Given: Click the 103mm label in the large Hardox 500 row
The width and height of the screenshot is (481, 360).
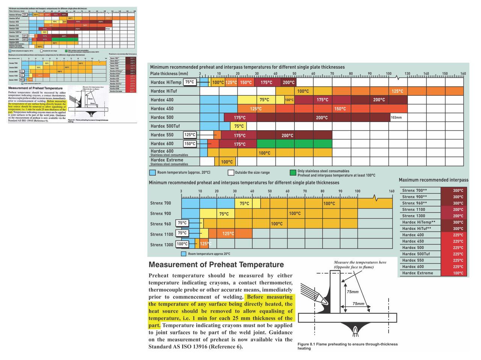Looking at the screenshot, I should click(x=396, y=117).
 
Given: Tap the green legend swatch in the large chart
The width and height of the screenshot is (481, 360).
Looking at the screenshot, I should click(x=293, y=173).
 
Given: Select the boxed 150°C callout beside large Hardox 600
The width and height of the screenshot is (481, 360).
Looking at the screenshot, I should click(x=190, y=144).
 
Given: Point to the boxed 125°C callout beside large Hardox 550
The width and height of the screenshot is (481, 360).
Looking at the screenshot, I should click(x=190, y=135).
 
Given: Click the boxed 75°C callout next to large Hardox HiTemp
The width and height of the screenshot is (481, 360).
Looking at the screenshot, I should click(x=190, y=82).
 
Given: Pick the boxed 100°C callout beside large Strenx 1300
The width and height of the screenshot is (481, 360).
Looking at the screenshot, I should click(x=182, y=244).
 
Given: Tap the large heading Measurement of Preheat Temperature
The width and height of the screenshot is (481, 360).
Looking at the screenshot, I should click(x=216, y=265).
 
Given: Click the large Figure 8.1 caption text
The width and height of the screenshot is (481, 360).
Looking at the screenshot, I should click(x=347, y=346).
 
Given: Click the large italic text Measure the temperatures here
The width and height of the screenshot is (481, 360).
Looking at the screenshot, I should click(x=360, y=262).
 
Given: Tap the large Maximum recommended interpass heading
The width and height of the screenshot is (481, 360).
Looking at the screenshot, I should click(x=433, y=180).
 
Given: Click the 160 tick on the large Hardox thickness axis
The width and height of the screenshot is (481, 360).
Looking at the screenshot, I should click(x=463, y=74).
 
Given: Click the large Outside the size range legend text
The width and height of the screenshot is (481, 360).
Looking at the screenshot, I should click(x=252, y=173).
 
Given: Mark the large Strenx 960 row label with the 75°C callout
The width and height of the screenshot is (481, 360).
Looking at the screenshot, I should click(x=160, y=224).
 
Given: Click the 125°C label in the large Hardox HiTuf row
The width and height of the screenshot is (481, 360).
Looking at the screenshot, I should click(x=397, y=91).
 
